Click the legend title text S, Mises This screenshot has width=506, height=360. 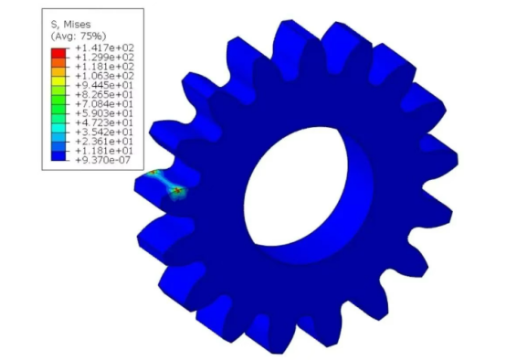tap(70, 25)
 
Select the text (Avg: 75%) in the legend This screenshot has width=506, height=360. tap(79, 36)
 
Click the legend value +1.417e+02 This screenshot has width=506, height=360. tap(104, 48)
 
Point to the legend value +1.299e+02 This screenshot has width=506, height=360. tap(104, 58)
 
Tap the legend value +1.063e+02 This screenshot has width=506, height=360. tap(104, 76)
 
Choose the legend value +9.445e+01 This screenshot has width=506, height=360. tap(104, 85)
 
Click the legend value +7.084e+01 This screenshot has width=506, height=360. tap(104, 104)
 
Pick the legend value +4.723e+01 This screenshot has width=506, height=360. tap(104, 122)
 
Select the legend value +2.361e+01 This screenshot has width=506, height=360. tap(104, 142)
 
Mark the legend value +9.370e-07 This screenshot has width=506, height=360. tap(102, 160)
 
